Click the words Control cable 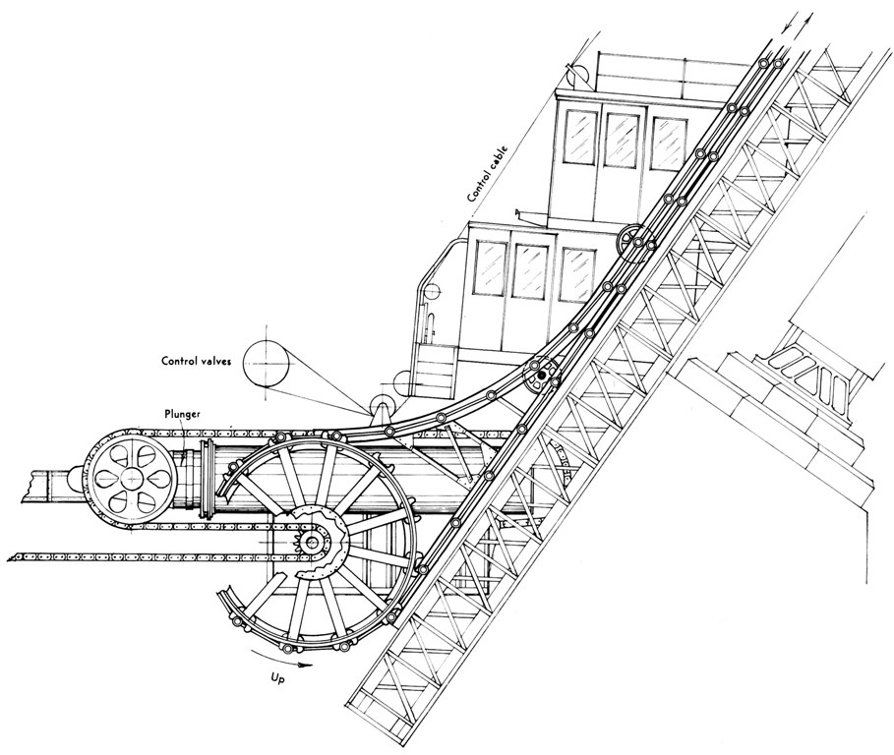[488, 173]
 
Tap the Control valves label [197, 361]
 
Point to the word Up [277, 678]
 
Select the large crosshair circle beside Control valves [266, 363]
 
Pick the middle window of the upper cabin [621, 140]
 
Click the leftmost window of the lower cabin [491, 267]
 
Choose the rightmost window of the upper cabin [668, 144]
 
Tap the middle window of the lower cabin [530, 270]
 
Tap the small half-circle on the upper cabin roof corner [577, 73]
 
